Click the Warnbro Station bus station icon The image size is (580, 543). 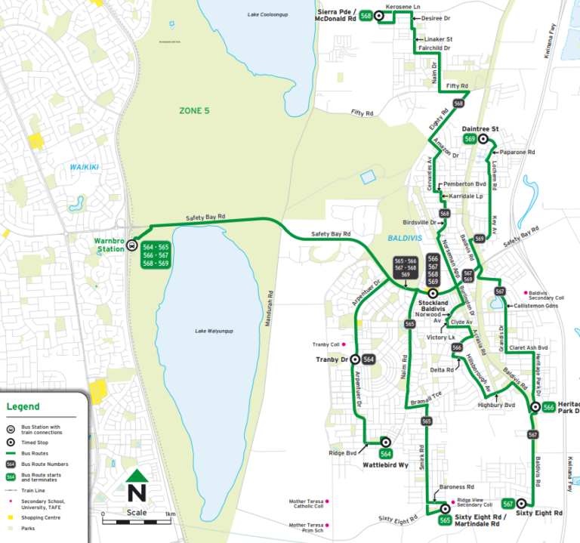pos(131,245)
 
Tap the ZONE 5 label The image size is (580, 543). pos(194,111)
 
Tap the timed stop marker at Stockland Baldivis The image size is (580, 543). pos(433,293)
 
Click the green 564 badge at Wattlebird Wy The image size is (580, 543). pos(386,454)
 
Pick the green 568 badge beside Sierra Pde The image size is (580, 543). pos(366,15)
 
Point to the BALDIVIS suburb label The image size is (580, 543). pos(403,236)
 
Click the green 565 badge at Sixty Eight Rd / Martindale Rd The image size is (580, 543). pos(446,520)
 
